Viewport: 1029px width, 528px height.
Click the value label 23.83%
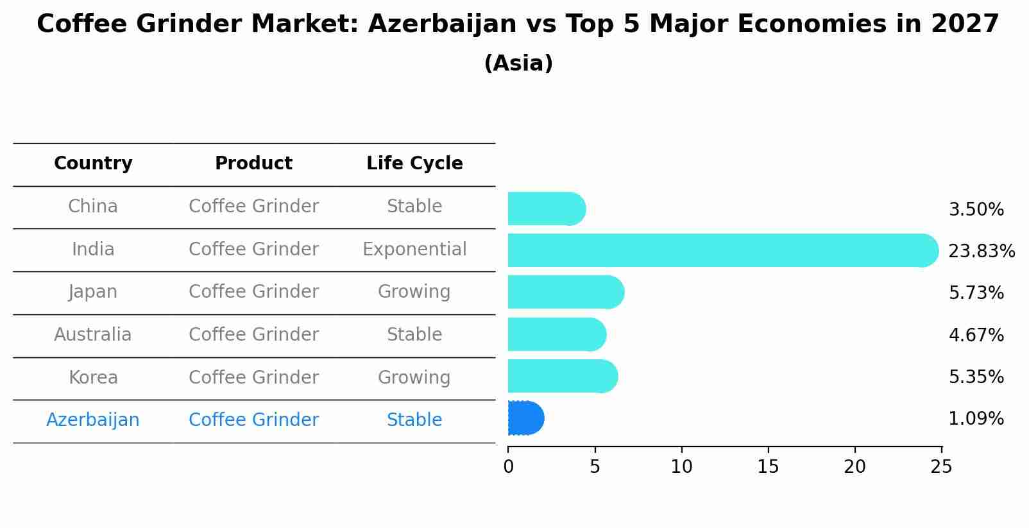(981, 251)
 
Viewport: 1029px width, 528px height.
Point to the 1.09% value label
(976, 419)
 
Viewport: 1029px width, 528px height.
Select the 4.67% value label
(976, 335)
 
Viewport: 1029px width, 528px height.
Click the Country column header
(93, 164)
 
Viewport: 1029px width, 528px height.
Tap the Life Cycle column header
(414, 164)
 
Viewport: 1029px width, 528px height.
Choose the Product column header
(253, 164)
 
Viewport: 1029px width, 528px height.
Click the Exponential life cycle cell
(414, 250)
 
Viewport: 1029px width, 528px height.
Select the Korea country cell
(93, 378)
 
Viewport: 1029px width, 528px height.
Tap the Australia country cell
(93, 335)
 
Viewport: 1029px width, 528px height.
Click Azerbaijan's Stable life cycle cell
(414, 420)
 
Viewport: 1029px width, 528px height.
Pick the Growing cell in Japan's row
(414, 292)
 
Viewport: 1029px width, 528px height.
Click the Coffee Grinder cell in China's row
(253, 207)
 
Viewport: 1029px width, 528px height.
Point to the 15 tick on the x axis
(768, 467)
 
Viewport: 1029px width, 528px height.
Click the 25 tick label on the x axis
(941, 467)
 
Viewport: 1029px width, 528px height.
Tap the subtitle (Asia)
(518, 64)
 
